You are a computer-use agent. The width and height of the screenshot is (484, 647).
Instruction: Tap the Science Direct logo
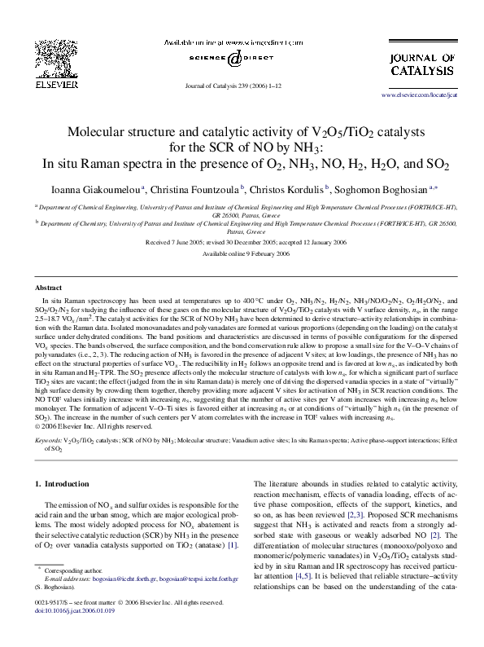[x=233, y=59]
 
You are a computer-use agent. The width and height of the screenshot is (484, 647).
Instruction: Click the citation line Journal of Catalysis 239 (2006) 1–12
[x=233, y=85]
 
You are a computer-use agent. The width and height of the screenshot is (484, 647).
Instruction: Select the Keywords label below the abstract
[x=50, y=440]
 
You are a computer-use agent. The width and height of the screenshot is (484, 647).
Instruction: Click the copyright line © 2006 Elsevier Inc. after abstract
[x=94, y=426]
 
